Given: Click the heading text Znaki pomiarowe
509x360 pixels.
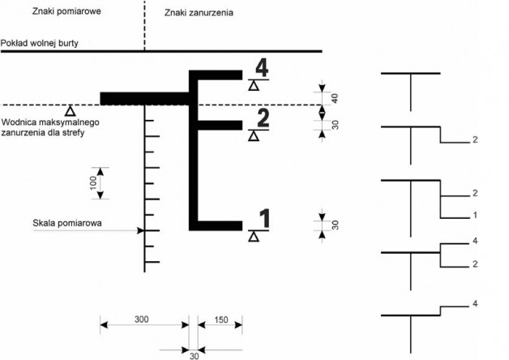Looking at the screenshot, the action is pyautogui.click(x=66, y=11).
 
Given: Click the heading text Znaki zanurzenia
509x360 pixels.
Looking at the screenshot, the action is pyautogui.click(x=199, y=13).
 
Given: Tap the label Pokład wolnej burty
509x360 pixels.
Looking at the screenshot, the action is pyautogui.click(x=39, y=43).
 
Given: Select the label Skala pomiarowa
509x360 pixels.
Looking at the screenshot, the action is pyautogui.click(x=67, y=223).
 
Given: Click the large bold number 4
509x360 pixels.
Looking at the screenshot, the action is pyautogui.click(x=262, y=68).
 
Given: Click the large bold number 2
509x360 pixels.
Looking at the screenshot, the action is pyautogui.click(x=263, y=118).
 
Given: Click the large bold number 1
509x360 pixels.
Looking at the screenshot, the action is pyautogui.click(x=265, y=218).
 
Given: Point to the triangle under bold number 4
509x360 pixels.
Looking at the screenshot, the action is pyautogui.click(x=254, y=86).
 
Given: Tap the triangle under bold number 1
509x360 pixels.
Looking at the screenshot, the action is pyautogui.click(x=254, y=237).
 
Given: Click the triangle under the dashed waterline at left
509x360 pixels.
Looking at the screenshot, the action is pyautogui.click(x=71, y=111).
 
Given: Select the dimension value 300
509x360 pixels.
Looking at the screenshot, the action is pyautogui.click(x=142, y=319).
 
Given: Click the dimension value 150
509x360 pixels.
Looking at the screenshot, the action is pyautogui.click(x=221, y=319).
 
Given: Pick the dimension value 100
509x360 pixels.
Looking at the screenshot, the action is pyautogui.click(x=93, y=182).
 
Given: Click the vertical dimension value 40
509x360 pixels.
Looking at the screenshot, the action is pyautogui.click(x=336, y=98).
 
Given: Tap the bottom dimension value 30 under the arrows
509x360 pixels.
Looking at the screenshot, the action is pyautogui.click(x=195, y=356).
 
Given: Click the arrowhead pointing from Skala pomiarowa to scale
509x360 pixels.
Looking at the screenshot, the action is pyautogui.click(x=140, y=230).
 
